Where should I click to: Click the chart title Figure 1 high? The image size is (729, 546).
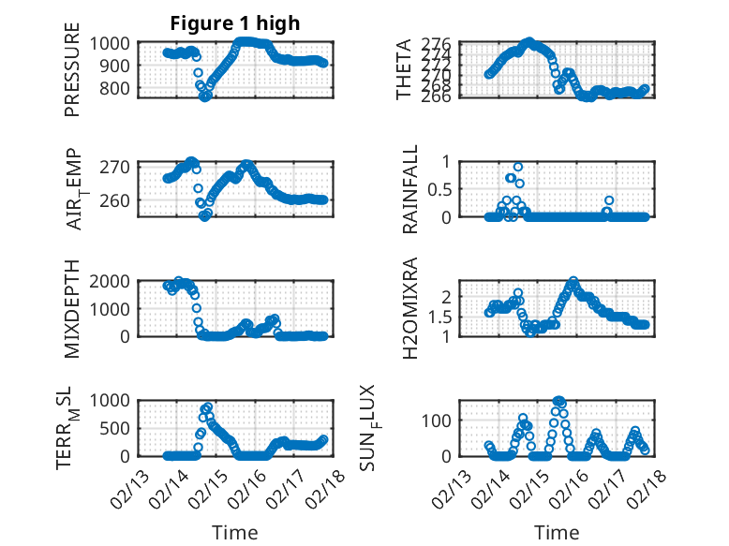point(234,23)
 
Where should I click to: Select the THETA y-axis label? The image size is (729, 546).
point(404,70)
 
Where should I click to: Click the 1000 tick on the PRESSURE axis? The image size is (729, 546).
point(115,43)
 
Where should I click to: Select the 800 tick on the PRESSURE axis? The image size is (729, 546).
point(120,89)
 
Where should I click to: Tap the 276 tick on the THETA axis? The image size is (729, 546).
point(443,44)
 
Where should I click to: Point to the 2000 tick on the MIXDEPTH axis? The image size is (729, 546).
point(115,281)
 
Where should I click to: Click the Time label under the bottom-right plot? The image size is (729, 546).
point(557,533)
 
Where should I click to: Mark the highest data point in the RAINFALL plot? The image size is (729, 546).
point(518,167)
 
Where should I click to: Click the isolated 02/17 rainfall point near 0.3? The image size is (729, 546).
point(609,200)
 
